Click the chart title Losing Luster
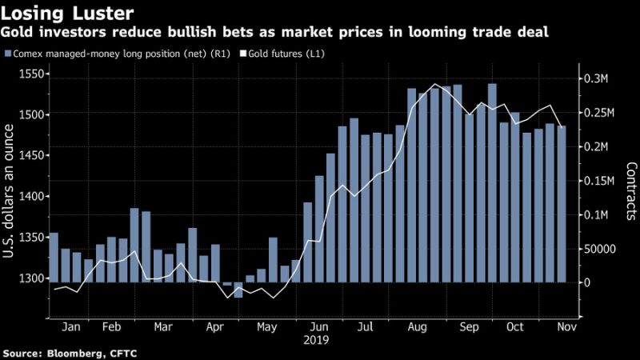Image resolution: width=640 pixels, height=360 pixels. pyautogui.click(x=59, y=14)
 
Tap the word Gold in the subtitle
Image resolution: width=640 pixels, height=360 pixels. pyautogui.click(x=19, y=33)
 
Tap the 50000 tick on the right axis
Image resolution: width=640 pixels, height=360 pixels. pyautogui.click(x=598, y=249)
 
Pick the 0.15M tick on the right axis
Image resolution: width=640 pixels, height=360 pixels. pyautogui.click(x=598, y=181)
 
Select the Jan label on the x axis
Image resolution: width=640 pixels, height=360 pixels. pyautogui.click(x=70, y=327)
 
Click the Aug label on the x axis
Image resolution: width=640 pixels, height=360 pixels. pyautogui.click(x=416, y=327)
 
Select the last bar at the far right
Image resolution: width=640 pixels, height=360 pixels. pyautogui.click(x=562, y=204)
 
